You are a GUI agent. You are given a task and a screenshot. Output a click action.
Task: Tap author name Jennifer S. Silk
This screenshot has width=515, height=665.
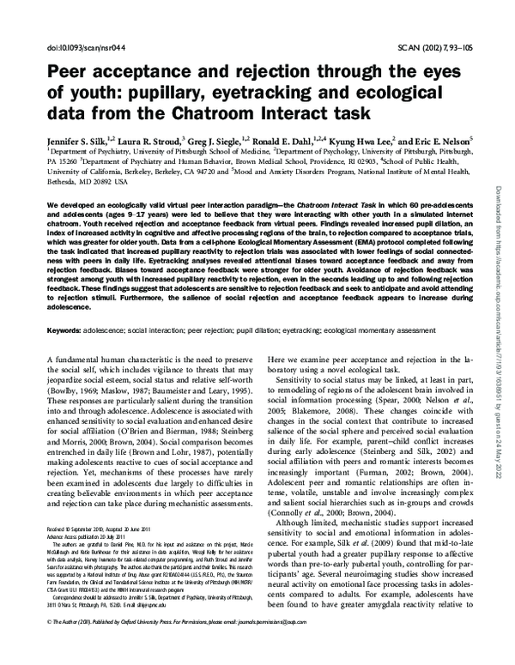click(82, 137)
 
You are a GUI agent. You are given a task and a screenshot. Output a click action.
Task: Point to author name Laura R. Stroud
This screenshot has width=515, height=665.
click(161, 137)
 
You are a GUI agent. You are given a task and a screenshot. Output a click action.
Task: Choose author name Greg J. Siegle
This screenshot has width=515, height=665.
click(235, 137)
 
